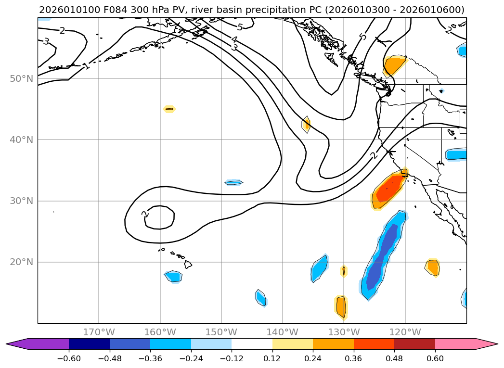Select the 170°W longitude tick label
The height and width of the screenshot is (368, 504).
tap(99, 332)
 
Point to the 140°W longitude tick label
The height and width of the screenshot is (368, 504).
tap(283, 332)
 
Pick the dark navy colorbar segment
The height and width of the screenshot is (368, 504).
tap(89, 344)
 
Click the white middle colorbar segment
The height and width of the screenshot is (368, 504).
tap(252, 344)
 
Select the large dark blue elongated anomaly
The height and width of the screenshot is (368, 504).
tap(383, 255)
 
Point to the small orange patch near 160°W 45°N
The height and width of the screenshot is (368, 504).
tap(169, 109)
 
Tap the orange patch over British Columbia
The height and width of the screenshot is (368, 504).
tap(394, 65)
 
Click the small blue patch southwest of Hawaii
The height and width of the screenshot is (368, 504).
tap(174, 277)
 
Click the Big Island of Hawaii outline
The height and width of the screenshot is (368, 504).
tap(188, 264)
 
